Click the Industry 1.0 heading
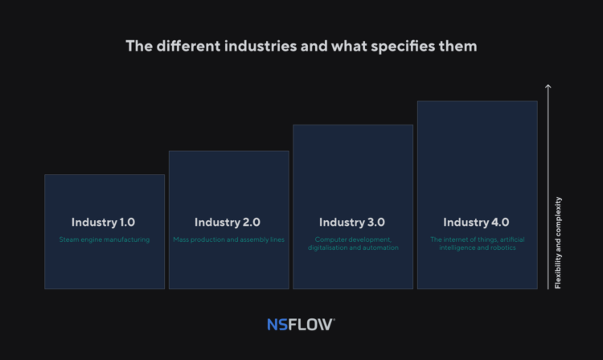103,223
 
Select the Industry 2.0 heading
228,223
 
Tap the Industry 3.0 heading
352,223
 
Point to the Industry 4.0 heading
476,223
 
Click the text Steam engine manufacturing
105,239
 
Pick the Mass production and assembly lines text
229,239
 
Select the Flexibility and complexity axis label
558,243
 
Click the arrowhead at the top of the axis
548,86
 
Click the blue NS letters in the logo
277,325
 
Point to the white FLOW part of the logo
310,325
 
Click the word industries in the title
260,46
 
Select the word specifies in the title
402,47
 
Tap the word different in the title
188,46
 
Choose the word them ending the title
457,46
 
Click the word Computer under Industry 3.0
329,239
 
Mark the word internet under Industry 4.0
453,239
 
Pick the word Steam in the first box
68,239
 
